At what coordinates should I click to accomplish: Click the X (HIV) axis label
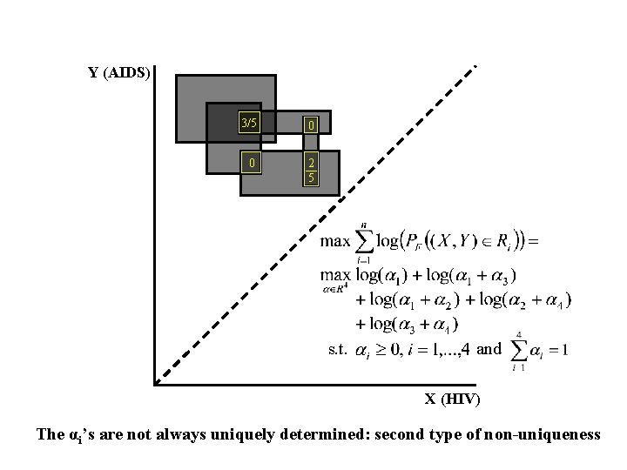[x=451, y=399]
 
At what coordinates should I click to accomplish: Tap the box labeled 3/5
[x=249, y=123]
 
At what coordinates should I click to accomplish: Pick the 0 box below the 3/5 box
[x=250, y=163]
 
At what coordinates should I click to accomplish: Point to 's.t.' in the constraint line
[x=338, y=349]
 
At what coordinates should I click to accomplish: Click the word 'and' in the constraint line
[x=489, y=349]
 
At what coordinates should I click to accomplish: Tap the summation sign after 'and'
[x=519, y=350]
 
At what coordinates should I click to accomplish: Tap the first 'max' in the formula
[x=335, y=240]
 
